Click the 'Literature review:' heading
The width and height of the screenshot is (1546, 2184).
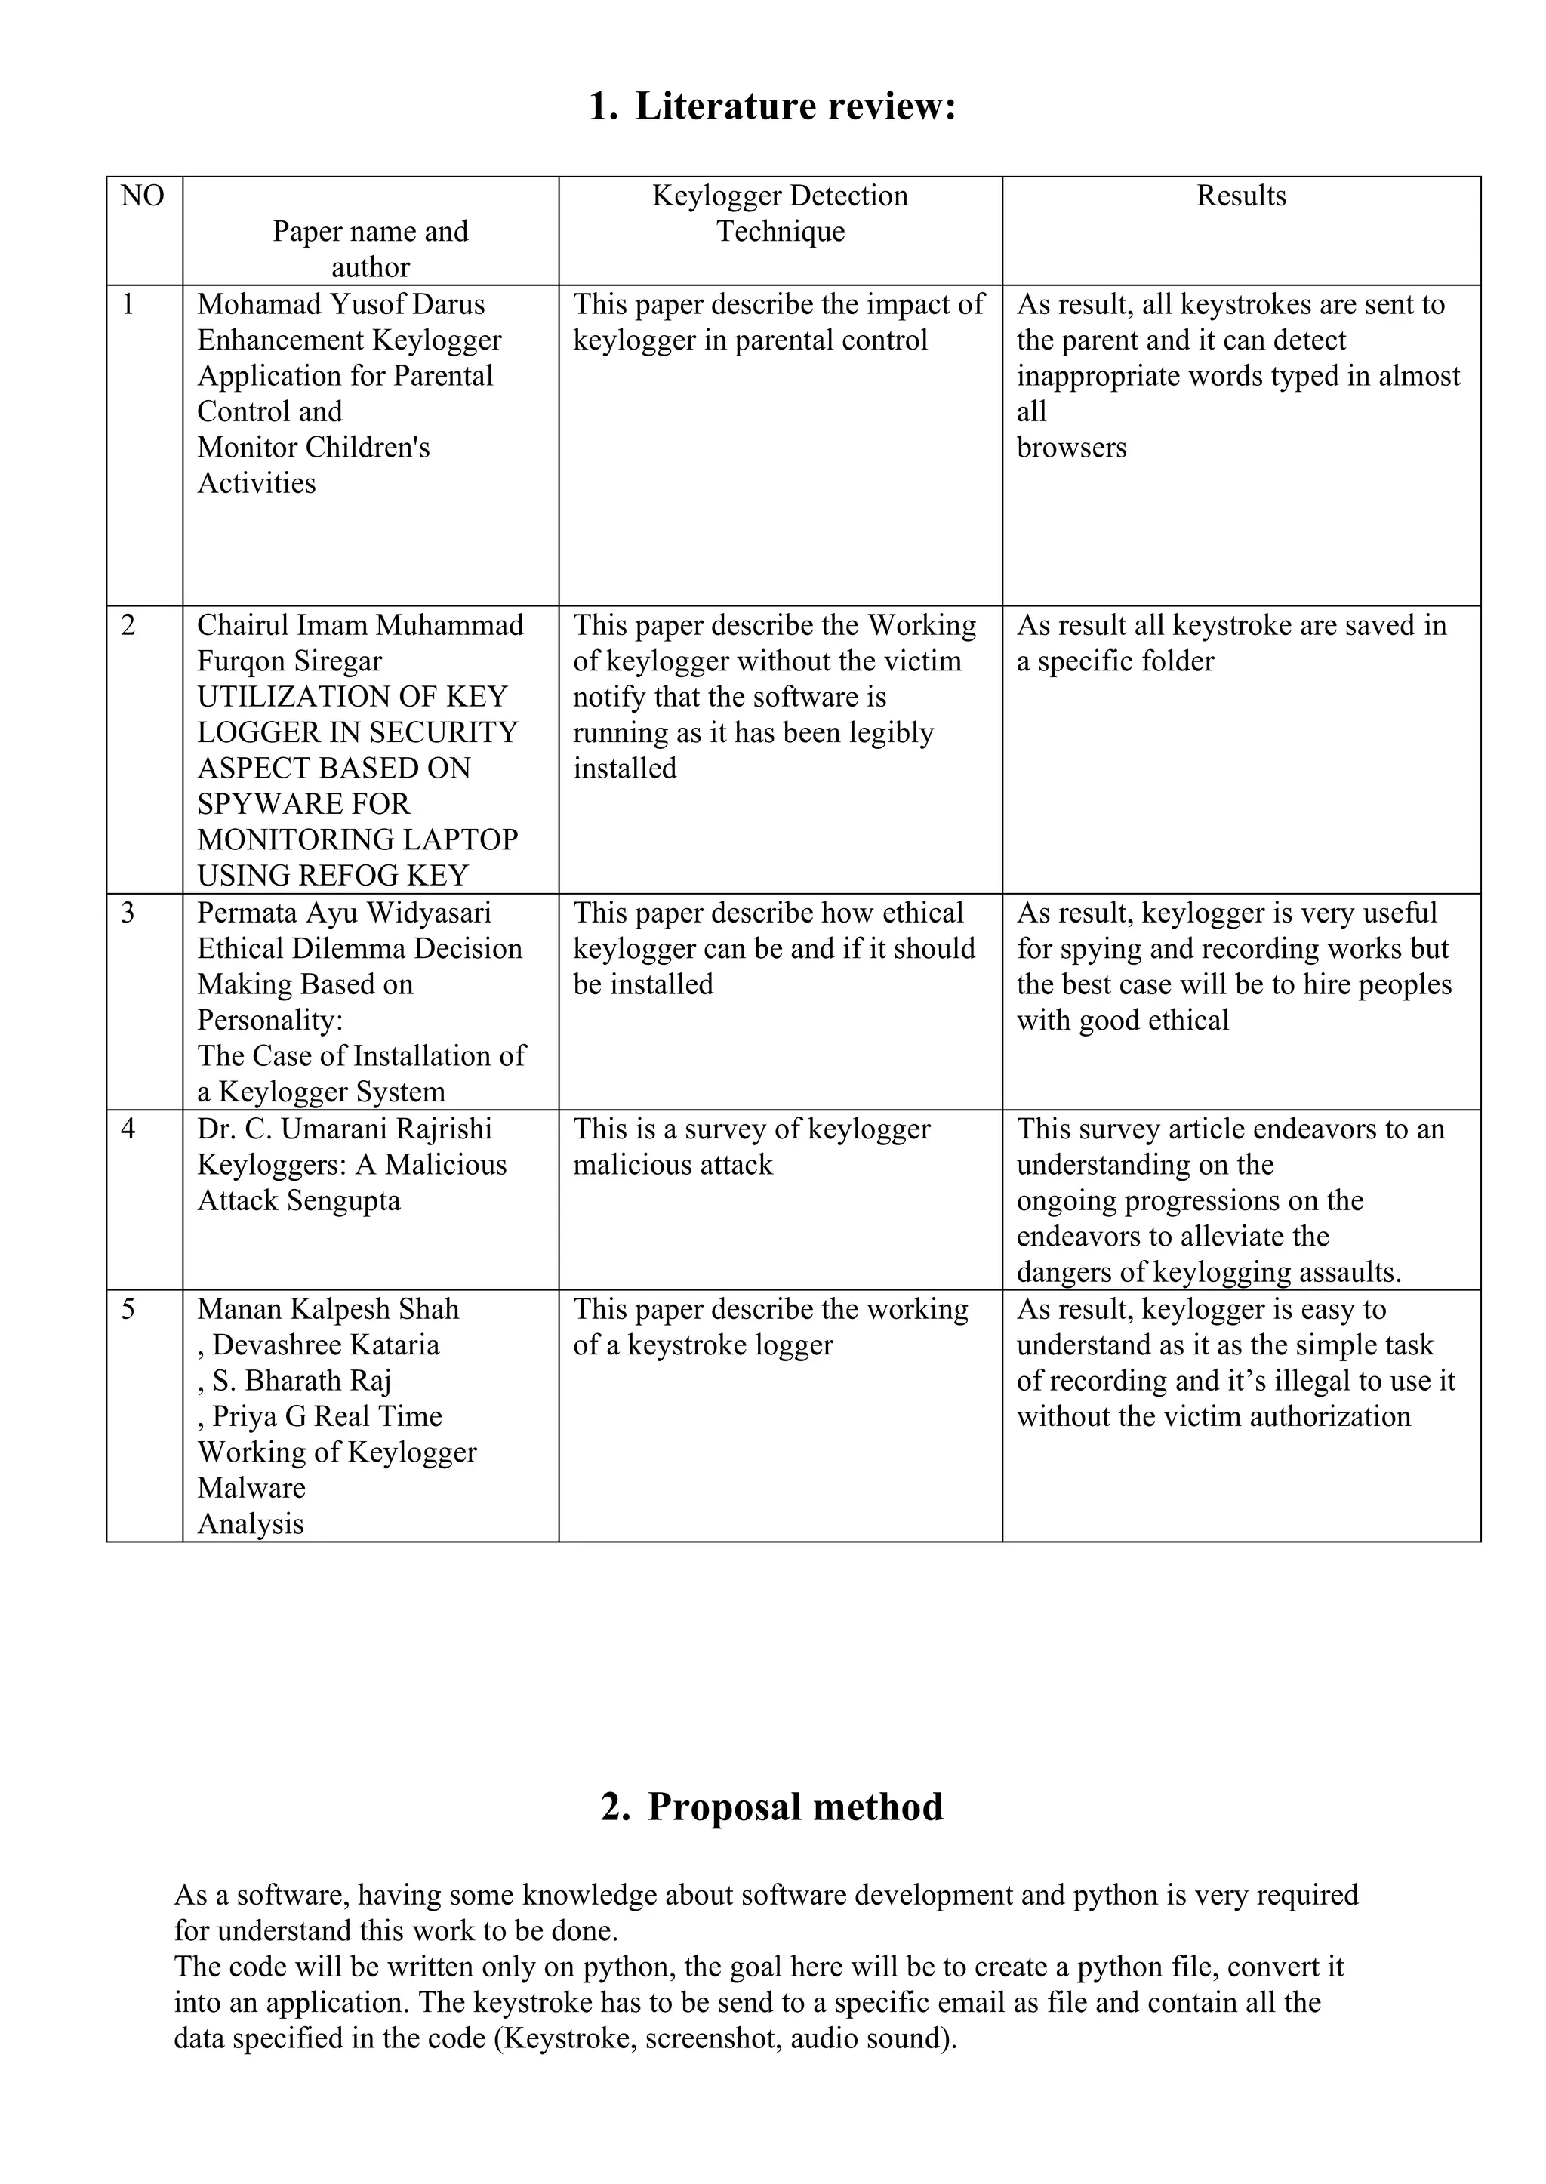pyautogui.click(x=794, y=106)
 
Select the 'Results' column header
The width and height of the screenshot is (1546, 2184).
pyautogui.click(x=1240, y=196)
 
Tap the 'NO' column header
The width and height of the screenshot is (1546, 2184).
pyautogui.click(x=143, y=196)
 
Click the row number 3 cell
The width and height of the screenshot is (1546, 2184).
pyautogui.click(x=128, y=913)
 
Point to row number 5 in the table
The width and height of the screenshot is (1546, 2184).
pyautogui.click(x=128, y=1310)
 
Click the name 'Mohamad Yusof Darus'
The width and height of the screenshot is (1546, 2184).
pyautogui.click(x=340, y=305)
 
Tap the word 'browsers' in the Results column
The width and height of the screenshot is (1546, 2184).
pyautogui.click(x=1071, y=448)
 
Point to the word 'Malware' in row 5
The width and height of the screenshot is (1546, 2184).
pyautogui.click(x=251, y=1488)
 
